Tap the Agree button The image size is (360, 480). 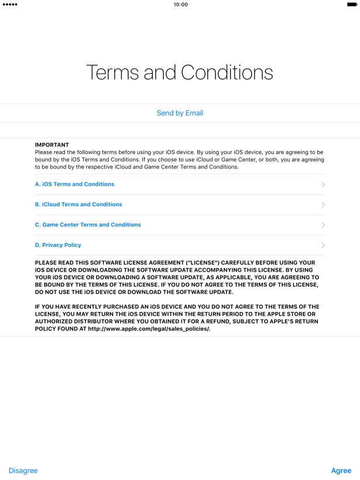coord(341,471)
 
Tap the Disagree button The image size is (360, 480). coord(23,471)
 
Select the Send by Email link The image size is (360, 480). coord(180,113)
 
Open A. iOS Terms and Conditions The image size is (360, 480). coord(74,184)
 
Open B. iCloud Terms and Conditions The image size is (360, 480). coord(78,204)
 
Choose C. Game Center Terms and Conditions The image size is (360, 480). coord(88,225)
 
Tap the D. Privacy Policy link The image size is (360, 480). coord(58,245)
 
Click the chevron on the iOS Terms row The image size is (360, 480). coord(323,184)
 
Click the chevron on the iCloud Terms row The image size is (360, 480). coord(323,205)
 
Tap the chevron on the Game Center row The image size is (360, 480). coord(323,225)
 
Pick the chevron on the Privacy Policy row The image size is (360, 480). coord(323,245)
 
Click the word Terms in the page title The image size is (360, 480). coord(112,73)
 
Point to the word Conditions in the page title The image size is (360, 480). coord(227,73)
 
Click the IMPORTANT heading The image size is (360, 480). coord(52,145)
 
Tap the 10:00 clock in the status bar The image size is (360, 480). coord(181,5)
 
